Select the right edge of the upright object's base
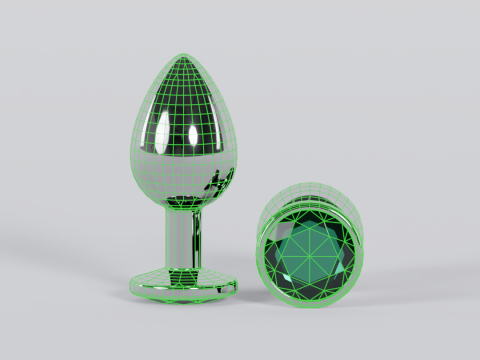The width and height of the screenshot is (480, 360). click(240, 286)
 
